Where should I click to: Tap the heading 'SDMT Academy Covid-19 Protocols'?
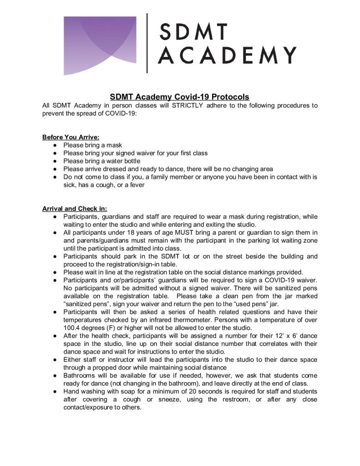179,97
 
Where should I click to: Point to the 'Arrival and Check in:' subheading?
75,209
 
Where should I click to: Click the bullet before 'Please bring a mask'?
54,145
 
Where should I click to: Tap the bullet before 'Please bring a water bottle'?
54,161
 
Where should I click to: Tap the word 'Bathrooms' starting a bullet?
80,376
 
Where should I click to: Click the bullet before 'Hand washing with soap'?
54,392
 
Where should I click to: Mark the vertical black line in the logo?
147,44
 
